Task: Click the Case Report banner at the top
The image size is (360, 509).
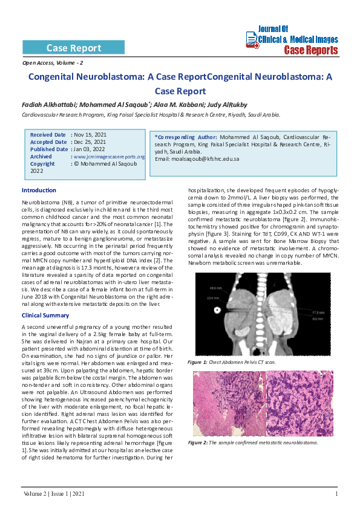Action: pos(74,48)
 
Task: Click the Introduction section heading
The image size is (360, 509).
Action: pos(39,190)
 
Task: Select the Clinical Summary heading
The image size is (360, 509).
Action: pos(45,316)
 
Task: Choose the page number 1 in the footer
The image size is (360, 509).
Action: pos(336,494)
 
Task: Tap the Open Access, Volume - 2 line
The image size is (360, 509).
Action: pos(53,63)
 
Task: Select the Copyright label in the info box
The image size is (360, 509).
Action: pos(42,164)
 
